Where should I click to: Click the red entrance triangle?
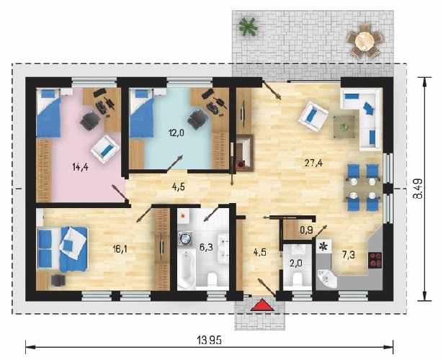coord(263,305)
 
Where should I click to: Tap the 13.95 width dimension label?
coord(210,341)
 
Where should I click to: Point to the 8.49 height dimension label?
coord(419,189)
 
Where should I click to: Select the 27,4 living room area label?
coord(313,163)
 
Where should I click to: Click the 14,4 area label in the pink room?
coord(81,167)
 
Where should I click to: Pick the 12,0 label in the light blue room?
coord(176,132)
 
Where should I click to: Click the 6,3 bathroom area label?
coord(206,248)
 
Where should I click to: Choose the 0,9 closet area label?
coord(306,230)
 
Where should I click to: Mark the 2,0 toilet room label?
coord(296,264)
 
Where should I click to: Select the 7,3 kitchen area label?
coord(349,255)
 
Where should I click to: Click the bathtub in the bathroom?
coord(187,269)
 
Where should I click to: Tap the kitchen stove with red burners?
coord(375,260)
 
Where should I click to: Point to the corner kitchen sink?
coord(327,279)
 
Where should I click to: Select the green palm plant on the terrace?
coord(248,27)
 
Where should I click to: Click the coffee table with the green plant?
coord(344,127)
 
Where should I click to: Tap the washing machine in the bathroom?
coord(185,238)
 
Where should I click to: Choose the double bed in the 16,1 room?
coord(62,250)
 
